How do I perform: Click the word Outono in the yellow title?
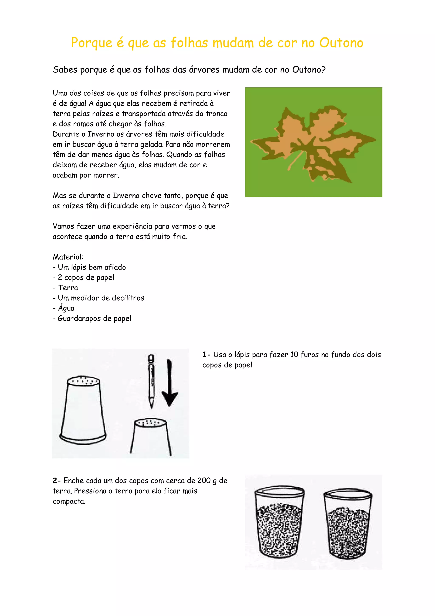pos(341,43)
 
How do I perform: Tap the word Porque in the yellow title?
pos(92,43)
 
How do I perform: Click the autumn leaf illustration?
pos(313,142)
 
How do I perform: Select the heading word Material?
pos(68,257)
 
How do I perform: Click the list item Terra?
pos(68,288)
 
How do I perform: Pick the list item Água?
pos(66,308)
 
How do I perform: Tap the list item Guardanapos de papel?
pos(94,318)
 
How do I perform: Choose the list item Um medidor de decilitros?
pos(101,298)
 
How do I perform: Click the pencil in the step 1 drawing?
pos(151,381)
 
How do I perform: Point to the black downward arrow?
pos(169,384)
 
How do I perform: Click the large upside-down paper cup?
pos(83,410)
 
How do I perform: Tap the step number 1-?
pos(206,355)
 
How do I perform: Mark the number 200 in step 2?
pos(204,481)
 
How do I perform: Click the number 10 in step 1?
pos(294,355)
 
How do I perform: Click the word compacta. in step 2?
pos(69,501)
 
